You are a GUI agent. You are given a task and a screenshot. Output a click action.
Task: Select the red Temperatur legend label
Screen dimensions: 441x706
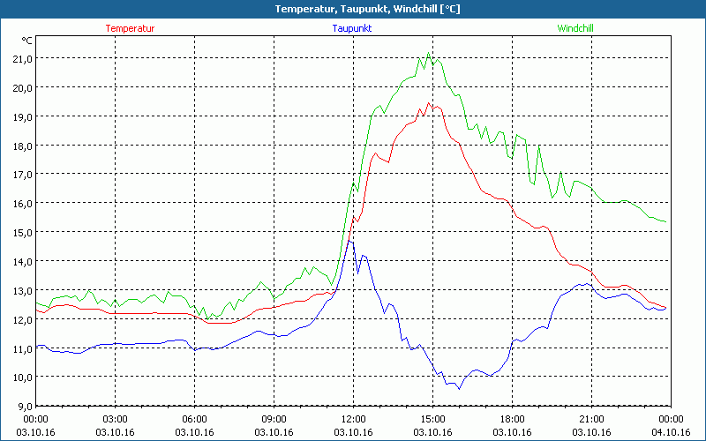(x=130, y=28)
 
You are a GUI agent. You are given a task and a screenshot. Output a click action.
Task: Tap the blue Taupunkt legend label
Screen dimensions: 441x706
(x=351, y=28)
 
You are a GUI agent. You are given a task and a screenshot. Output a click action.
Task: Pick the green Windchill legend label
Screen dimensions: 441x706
(x=575, y=28)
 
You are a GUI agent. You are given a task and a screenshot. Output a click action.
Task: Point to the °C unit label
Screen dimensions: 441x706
(x=26, y=41)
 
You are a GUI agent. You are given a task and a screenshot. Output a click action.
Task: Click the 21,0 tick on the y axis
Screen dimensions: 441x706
(x=21, y=58)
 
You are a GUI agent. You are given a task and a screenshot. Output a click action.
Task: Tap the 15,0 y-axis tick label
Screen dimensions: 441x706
(x=21, y=232)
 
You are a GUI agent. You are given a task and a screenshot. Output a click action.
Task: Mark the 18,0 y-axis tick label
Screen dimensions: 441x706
(x=21, y=146)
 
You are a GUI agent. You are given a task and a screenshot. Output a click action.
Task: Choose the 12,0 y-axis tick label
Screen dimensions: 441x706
(x=21, y=319)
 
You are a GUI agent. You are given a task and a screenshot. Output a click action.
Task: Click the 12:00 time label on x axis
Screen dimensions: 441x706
(x=353, y=419)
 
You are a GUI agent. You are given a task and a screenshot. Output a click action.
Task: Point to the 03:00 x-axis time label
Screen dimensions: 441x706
(x=116, y=419)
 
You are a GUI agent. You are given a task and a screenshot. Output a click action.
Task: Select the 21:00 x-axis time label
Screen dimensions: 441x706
(x=590, y=419)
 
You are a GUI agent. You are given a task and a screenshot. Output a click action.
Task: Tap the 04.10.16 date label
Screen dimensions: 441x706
(x=670, y=432)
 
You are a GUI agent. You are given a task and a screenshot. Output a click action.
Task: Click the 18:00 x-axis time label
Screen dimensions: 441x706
(x=512, y=419)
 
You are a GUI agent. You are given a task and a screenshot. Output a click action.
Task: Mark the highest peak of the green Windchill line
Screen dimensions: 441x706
(x=429, y=52)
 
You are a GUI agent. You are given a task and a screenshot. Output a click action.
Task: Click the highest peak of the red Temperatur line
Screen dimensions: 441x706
(x=429, y=102)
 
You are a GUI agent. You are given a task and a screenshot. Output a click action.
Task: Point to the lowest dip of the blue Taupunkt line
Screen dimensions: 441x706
(x=459, y=389)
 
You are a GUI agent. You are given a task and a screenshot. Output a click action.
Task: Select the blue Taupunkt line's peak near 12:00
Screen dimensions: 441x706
(x=349, y=241)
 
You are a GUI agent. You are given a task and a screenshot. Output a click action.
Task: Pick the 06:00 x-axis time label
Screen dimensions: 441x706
(x=195, y=419)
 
